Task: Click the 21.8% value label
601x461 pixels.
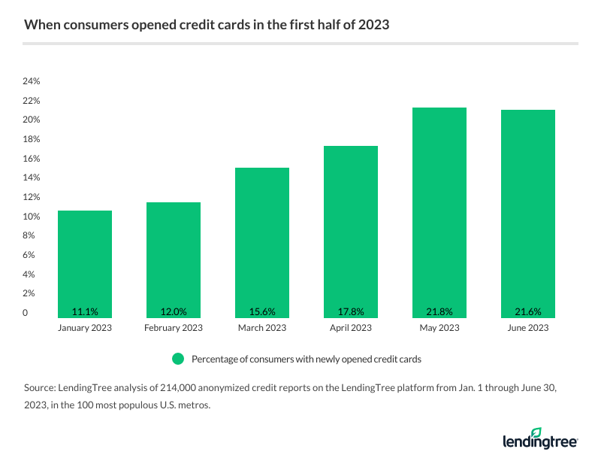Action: click(x=439, y=311)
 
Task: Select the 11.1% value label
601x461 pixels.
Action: click(x=85, y=311)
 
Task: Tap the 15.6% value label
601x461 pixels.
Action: click(x=262, y=311)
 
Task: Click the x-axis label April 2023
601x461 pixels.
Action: click(x=351, y=328)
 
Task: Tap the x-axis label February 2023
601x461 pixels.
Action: click(x=174, y=328)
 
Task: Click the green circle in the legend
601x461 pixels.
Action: click(x=178, y=359)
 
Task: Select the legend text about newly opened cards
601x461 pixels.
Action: click(x=306, y=359)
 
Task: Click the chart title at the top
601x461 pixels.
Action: click(x=206, y=25)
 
